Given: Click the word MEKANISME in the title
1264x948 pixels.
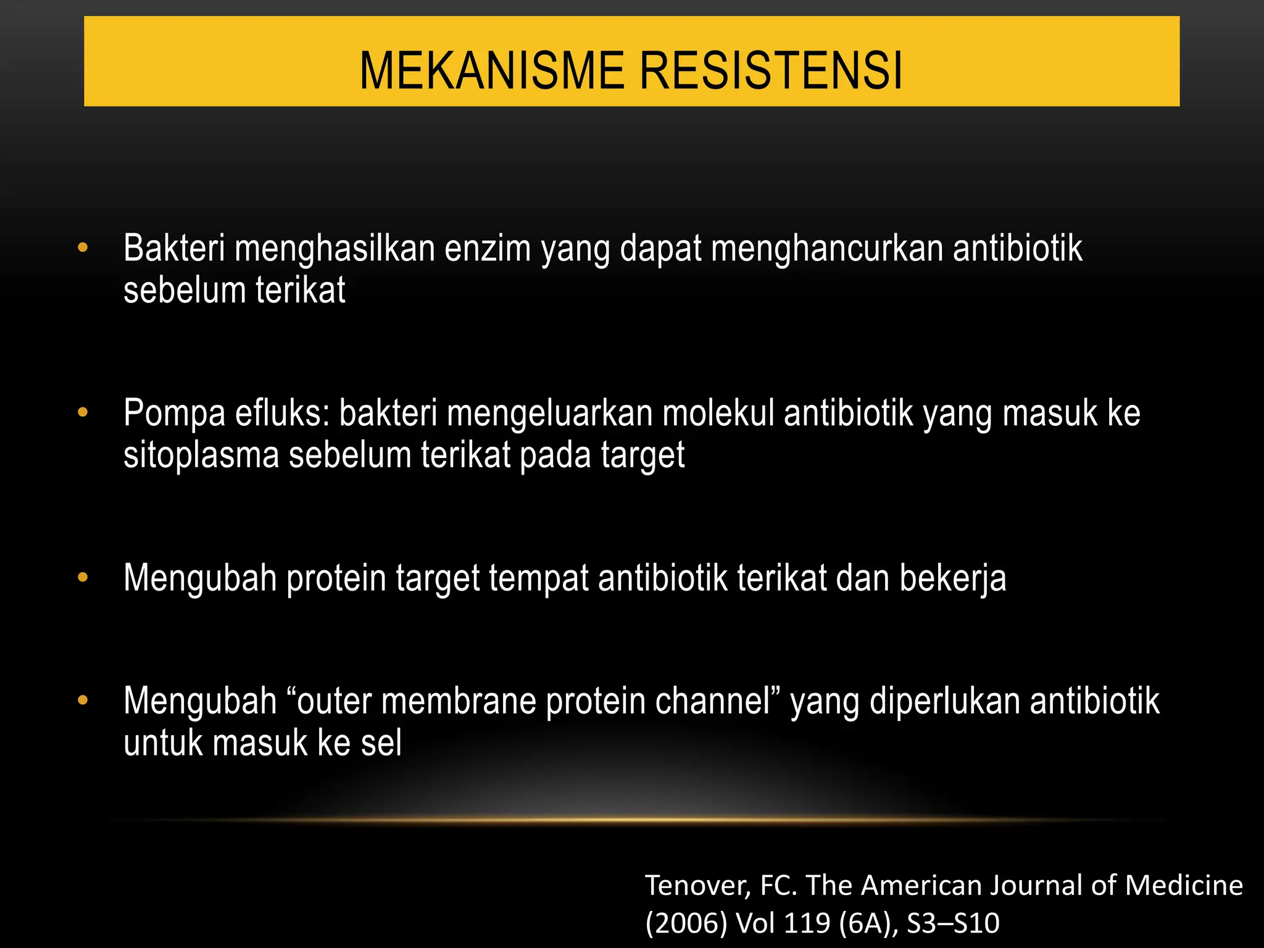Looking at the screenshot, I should click(x=492, y=71).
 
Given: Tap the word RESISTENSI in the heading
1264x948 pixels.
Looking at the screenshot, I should click(x=771, y=71).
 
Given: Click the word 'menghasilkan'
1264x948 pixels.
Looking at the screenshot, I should click(x=335, y=249).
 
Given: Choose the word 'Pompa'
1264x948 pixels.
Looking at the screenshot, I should click(x=175, y=414).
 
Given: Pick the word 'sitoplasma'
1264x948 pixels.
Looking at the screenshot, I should click(x=201, y=455).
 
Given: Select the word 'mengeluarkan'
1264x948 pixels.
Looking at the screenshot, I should click(x=549, y=414).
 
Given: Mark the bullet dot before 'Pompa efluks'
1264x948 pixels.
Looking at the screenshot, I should click(x=83, y=412).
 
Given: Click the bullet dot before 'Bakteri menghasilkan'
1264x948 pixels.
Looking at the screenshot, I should click(x=83, y=248).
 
